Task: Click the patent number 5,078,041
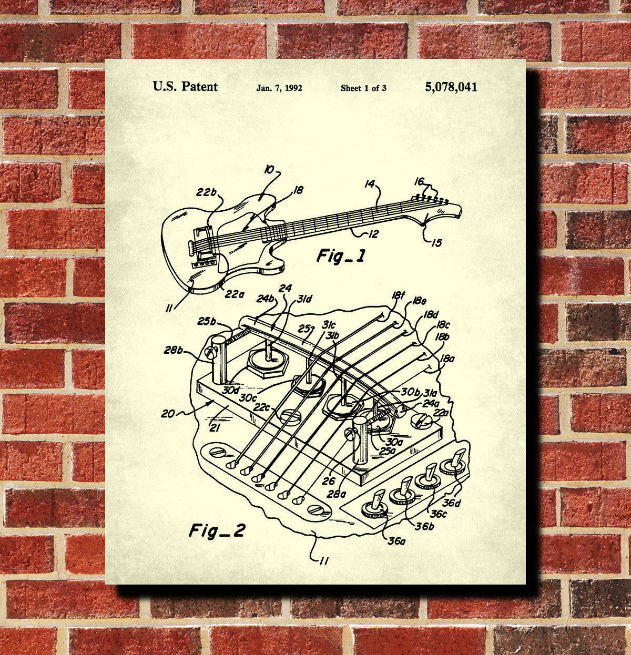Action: click(451, 87)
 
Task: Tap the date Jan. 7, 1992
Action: click(279, 88)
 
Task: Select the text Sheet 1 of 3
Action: click(363, 88)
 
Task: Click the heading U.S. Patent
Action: click(185, 87)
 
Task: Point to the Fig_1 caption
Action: click(340, 256)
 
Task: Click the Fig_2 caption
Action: click(217, 530)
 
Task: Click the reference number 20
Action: click(168, 414)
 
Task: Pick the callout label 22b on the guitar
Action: click(207, 192)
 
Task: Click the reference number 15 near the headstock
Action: click(437, 242)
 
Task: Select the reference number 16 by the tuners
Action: click(419, 181)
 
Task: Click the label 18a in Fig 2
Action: click(447, 359)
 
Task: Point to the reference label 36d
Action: click(451, 503)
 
